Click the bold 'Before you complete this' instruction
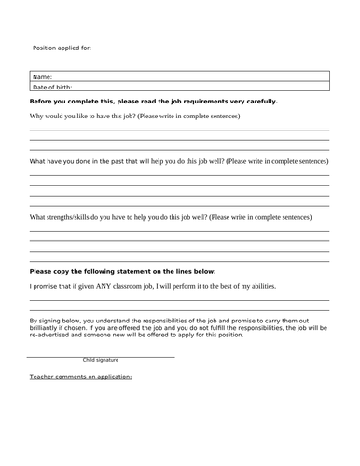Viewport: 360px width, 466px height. tap(154, 102)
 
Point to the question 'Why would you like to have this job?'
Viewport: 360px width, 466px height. tap(135, 116)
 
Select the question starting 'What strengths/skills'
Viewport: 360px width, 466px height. tap(171, 217)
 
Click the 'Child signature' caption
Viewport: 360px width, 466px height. tap(101, 360)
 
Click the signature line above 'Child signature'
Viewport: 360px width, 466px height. tap(101, 355)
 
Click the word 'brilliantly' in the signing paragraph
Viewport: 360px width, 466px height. tap(48, 328)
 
